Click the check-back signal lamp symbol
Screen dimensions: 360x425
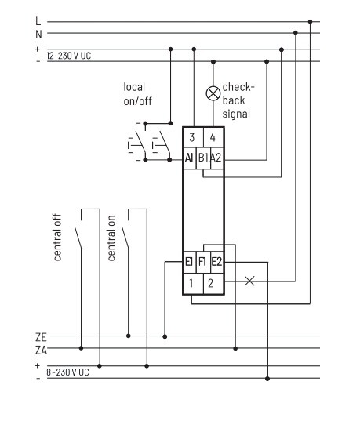tap(213, 93)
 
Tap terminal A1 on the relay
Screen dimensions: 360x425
tap(189, 158)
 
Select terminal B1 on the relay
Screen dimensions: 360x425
tap(203, 158)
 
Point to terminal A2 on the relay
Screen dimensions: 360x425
tap(216, 158)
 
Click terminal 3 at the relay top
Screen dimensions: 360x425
tap(192, 137)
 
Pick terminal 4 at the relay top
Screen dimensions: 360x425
tap(213, 137)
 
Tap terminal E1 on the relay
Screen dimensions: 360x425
tap(189, 262)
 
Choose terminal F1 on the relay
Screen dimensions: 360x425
tap(202, 262)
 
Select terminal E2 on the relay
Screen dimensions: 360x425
tap(216, 262)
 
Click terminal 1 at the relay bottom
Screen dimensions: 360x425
tap(192, 283)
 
